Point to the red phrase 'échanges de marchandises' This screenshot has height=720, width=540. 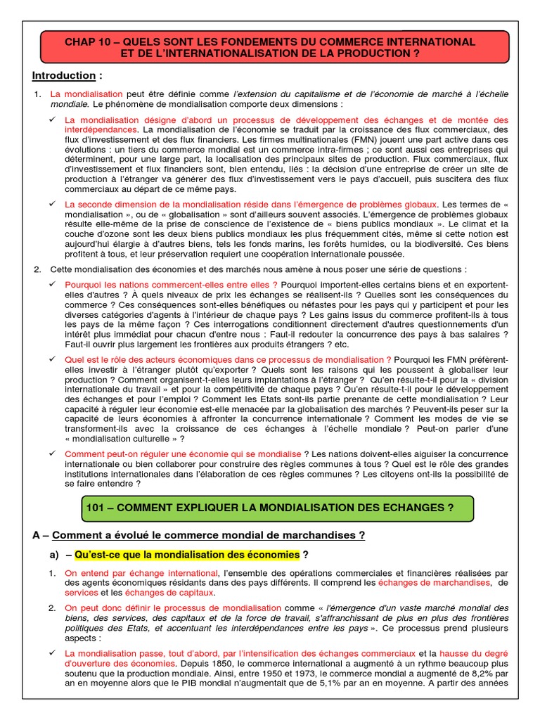tap(434, 583)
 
